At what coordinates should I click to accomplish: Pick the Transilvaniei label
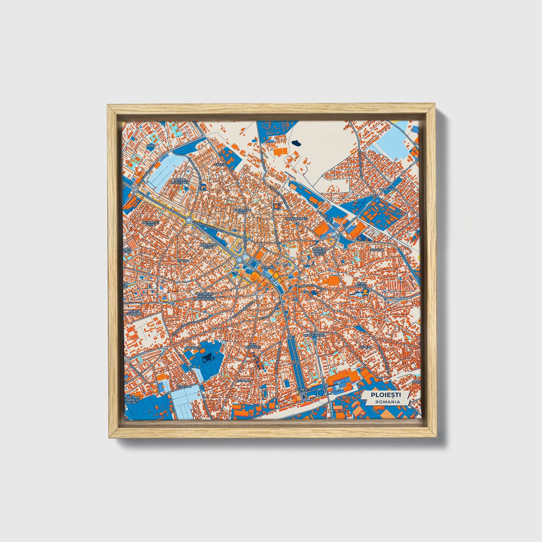[296, 218]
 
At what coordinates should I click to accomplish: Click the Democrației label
[315, 335]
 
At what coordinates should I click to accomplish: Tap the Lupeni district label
[365, 347]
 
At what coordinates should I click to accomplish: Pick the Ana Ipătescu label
[252, 346]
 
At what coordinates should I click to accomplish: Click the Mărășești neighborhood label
[193, 348]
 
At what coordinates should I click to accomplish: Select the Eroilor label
[184, 386]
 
